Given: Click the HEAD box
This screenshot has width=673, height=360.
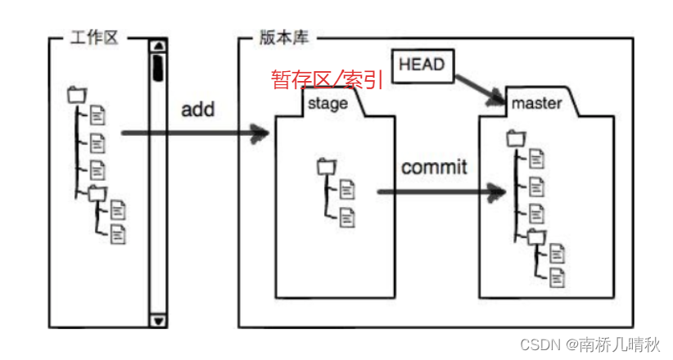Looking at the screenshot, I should (x=422, y=64).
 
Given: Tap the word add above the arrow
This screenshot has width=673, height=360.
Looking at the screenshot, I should (x=197, y=108).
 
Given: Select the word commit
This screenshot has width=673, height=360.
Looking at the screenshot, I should (x=434, y=167).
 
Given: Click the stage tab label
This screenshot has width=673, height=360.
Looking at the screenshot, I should (x=327, y=104).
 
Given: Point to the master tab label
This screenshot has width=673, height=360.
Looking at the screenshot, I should (x=536, y=104).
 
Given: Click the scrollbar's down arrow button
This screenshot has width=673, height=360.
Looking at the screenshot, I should (x=158, y=320).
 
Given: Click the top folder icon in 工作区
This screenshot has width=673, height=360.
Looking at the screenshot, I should (x=76, y=95).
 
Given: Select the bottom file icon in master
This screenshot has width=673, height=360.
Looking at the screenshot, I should (x=558, y=277).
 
